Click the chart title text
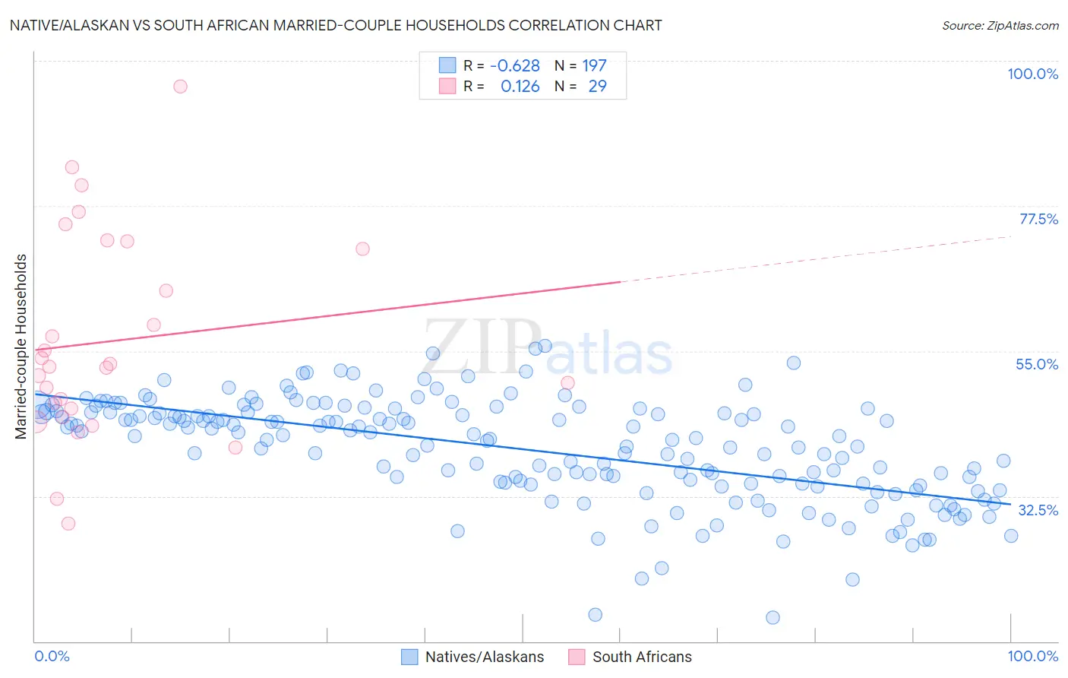(x=334, y=25)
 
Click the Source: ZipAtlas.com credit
(x=1000, y=25)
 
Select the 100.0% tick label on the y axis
(x=1032, y=74)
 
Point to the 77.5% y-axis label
(x=1038, y=219)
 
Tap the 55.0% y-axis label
(x=1036, y=364)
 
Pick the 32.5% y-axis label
(x=1037, y=510)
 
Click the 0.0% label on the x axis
(x=52, y=656)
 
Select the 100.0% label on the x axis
(x=1032, y=656)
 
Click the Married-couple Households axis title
(x=21, y=347)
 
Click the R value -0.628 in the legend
(x=515, y=65)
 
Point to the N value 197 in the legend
(x=594, y=65)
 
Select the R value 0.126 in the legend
(x=520, y=86)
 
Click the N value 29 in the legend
(x=597, y=86)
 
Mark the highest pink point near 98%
(x=180, y=86)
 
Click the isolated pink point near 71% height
(x=362, y=249)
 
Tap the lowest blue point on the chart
(x=773, y=617)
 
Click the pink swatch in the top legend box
(x=447, y=86)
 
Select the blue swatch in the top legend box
(x=447, y=65)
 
